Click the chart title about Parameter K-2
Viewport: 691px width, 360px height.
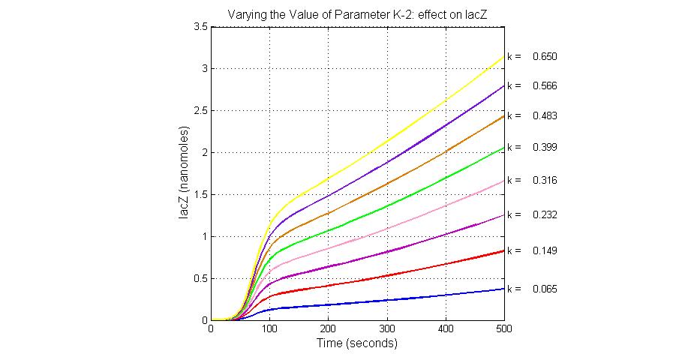tap(357, 14)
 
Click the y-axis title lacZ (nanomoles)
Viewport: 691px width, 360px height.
tap(185, 173)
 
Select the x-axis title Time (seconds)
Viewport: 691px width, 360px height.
tap(357, 343)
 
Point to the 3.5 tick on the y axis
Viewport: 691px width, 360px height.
tap(200, 27)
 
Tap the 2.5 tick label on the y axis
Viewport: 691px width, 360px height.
tap(200, 111)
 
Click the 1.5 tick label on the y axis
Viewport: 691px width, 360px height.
tap(200, 195)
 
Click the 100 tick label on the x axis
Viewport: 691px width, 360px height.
tap(269, 329)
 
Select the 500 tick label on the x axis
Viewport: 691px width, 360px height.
tap(504, 329)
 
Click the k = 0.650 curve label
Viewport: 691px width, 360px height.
tap(531, 57)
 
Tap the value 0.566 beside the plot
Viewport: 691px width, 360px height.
tap(544, 86)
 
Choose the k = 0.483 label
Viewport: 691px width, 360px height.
tap(531, 116)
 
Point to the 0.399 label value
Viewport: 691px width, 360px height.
tap(544, 147)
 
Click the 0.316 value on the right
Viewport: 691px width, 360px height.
tap(544, 181)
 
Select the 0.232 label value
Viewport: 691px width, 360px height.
tap(544, 215)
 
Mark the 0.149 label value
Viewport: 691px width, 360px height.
tap(544, 250)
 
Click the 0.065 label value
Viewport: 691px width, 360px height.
tap(544, 289)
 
